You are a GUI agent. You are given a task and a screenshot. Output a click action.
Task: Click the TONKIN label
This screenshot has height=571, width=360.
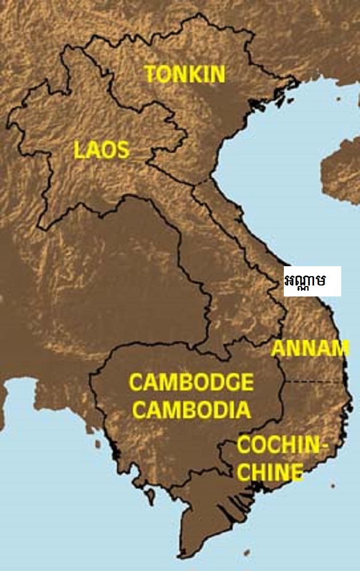tap(185, 74)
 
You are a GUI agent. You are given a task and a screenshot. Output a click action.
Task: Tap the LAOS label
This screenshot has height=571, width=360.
tap(101, 150)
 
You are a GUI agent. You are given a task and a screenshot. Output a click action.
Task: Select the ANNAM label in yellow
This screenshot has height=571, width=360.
tap(310, 348)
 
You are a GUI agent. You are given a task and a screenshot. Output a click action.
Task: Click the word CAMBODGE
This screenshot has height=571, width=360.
tap(191, 383)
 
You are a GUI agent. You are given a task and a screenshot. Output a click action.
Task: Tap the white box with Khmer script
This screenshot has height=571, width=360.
tap(312, 281)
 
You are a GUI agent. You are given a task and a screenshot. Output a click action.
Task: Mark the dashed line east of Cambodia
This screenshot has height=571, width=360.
tap(316, 382)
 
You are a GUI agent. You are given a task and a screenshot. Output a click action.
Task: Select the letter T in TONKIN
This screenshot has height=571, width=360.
tap(152, 74)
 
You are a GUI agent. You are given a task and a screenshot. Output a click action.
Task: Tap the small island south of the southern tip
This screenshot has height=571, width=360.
tap(246, 552)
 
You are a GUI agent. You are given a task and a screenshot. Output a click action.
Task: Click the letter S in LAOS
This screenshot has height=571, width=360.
tap(123, 150)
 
